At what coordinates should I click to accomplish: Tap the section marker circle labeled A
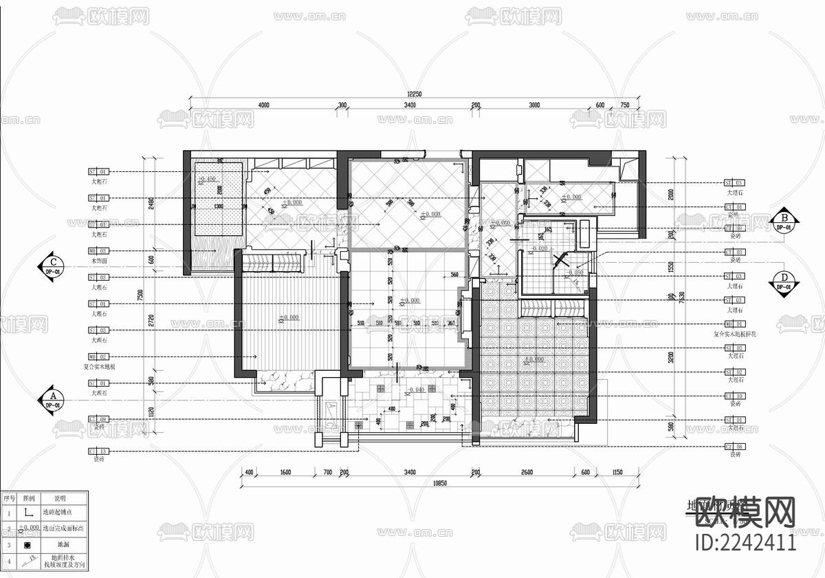click(x=52, y=400)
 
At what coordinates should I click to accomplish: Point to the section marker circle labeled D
click(x=783, y=280)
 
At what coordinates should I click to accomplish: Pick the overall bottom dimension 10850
click(x=441, y=483)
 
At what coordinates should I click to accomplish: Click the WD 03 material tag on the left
click(x=98, y=251)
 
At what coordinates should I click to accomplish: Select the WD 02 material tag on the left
click(x=98, y=357)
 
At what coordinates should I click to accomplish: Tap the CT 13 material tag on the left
click(x=98, y=451)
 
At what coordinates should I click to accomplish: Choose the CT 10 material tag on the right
click(x=734, y=396)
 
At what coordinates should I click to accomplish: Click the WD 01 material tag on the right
click(x=734, y=323)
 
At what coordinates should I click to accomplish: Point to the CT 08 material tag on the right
click(x=734, y=446)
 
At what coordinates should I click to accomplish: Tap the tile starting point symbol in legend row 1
click(x=28, y=513)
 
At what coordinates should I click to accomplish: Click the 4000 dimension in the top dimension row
click(x=263, y=105)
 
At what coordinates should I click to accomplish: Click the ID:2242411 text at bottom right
click(x=746, y=542)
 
